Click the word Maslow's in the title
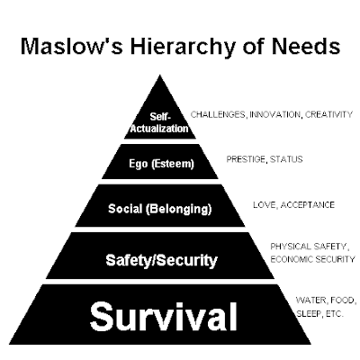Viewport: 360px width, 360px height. click(72, 46)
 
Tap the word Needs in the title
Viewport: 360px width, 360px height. click(306, 46)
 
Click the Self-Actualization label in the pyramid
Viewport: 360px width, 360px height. click(159, 122)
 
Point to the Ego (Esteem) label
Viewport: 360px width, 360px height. click(161, 164)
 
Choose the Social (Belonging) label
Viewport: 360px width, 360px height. click(160, 209)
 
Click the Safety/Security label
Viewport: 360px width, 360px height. click(161, 260)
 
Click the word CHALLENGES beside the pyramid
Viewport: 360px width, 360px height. click(219, 114)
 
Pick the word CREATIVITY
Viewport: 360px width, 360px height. click(328, 114)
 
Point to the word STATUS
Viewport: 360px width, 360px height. click(286, 159)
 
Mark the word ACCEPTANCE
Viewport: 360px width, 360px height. click(308, 205)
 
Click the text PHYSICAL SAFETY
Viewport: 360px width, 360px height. click(310, 247)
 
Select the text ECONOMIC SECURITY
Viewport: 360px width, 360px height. click(312, 259)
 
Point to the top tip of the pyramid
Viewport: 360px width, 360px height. click(160, 76)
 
